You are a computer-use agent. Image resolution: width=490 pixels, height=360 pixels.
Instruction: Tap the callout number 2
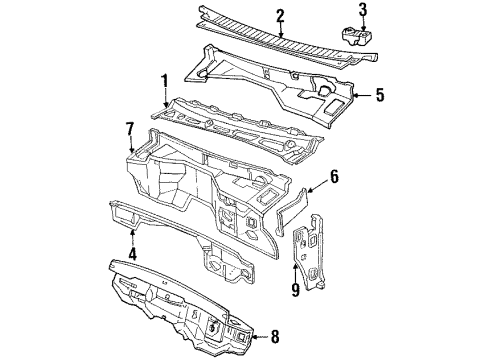[x=281, y=15]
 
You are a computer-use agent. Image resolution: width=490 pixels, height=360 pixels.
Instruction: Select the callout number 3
[x=363, y=9]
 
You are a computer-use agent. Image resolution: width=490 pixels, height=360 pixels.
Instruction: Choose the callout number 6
[x=335, y=176]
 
